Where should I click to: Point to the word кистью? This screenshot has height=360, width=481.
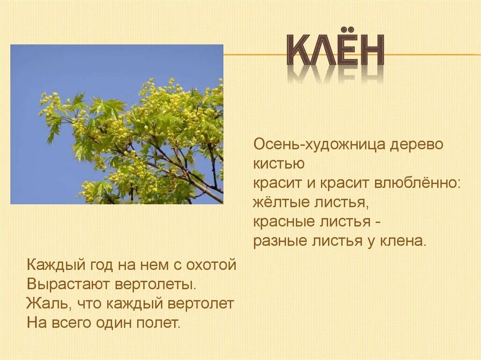click(x=279, y=164)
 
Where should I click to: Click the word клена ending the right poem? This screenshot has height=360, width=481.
click(x=403, y=241)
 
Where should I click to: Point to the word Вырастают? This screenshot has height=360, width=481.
click(x=69, y=284)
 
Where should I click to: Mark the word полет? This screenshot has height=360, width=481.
click(x=158, y=323)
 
